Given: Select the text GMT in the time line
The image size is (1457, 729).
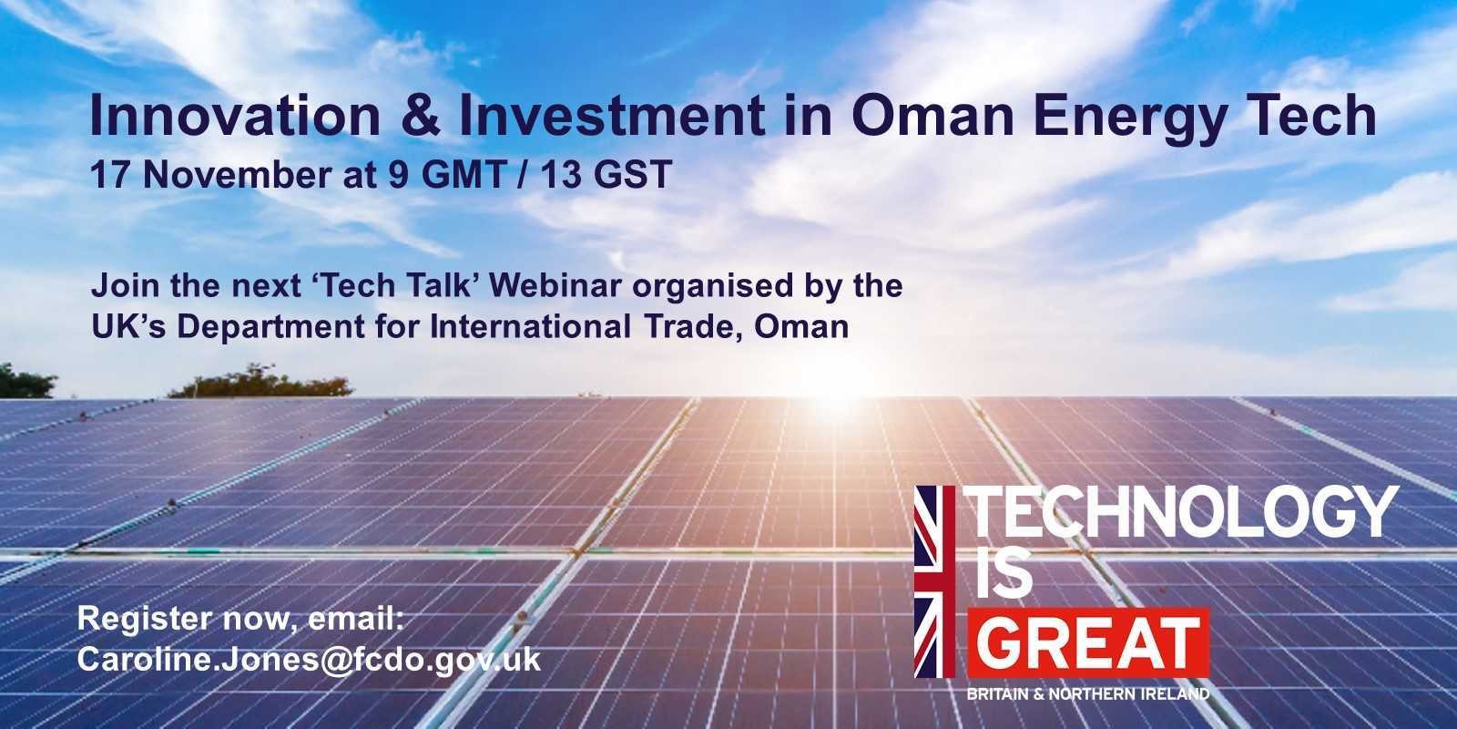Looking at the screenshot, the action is pyautogui.click(x=464, y=174).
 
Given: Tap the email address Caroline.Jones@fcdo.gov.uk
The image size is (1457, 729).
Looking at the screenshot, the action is pyautogui.click(x=309, y=660).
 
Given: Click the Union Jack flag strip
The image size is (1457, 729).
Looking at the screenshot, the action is pyautogui.click(x=934, y=582).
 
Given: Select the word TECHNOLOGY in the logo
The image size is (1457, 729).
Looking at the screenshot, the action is pyautogui.click(x=1180, y=513).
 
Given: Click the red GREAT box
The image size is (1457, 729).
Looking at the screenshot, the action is pyautogui.click(x=1088, y=643).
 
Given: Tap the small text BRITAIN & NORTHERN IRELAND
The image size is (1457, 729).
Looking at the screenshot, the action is pyautogui.click(x=1088, y=693).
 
